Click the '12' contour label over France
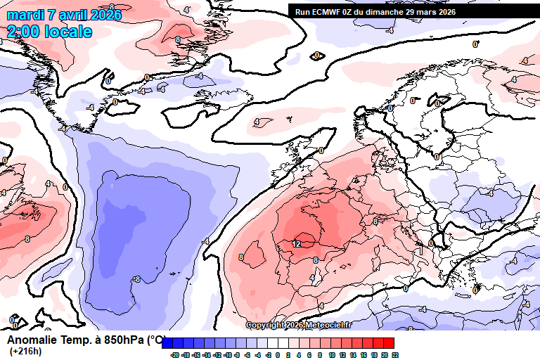tap(296, 244)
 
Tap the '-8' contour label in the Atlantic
tap(136, 279)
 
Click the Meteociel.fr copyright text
tap(299, 325)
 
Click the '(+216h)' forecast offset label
tap(25, 352)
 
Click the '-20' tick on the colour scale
tap(174, 356)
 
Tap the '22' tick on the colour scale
tap(395, 356)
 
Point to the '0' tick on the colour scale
tap(278, 356)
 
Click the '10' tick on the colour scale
tap(332, 356)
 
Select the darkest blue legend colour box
tap(168, 343)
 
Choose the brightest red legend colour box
tap(388, 343)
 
